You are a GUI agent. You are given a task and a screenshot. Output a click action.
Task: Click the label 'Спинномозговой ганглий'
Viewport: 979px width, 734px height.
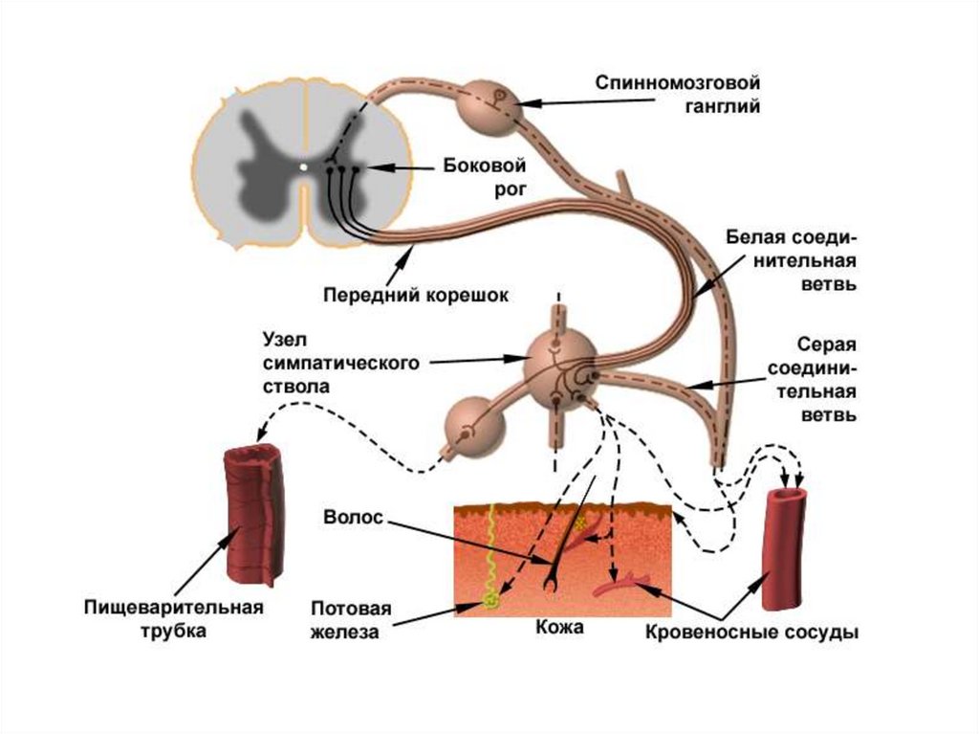pos(678,95)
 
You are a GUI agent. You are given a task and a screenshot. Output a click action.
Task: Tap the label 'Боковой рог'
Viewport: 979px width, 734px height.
pos(485,177)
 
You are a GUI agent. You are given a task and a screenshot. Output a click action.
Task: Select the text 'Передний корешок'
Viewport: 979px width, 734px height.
pos(414,295)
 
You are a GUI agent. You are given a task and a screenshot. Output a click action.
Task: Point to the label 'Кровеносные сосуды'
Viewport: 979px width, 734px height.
pos(751,633)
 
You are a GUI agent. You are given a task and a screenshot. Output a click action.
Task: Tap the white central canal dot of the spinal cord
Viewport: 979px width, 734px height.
pos(303,167)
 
